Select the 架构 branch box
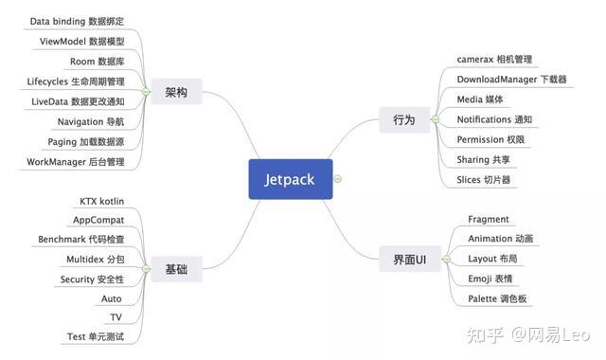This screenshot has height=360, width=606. click(x=176, y=93)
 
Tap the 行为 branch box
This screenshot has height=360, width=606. click(x=403, y=119)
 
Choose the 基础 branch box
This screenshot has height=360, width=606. click(x=176, y=270)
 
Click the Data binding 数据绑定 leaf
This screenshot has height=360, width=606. click(x=78, y=21)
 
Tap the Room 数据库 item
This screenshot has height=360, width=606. click(x=98, y=62)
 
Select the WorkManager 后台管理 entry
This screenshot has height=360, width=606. click(x=76, y=162)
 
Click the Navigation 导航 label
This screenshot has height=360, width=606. click(x=91, y=121)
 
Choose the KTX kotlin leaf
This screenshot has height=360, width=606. click(x=102, y=201)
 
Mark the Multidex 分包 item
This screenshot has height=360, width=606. click(x=95, y=260)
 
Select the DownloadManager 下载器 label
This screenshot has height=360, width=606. click(x=511, y=80)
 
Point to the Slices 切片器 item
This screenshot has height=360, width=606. click(x=483, y=180)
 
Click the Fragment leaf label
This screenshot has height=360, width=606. click(x=489, y=220)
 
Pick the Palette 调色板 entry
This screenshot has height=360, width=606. click(x=497, y=299)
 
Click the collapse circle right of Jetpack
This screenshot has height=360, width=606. click(x=338, y=179)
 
